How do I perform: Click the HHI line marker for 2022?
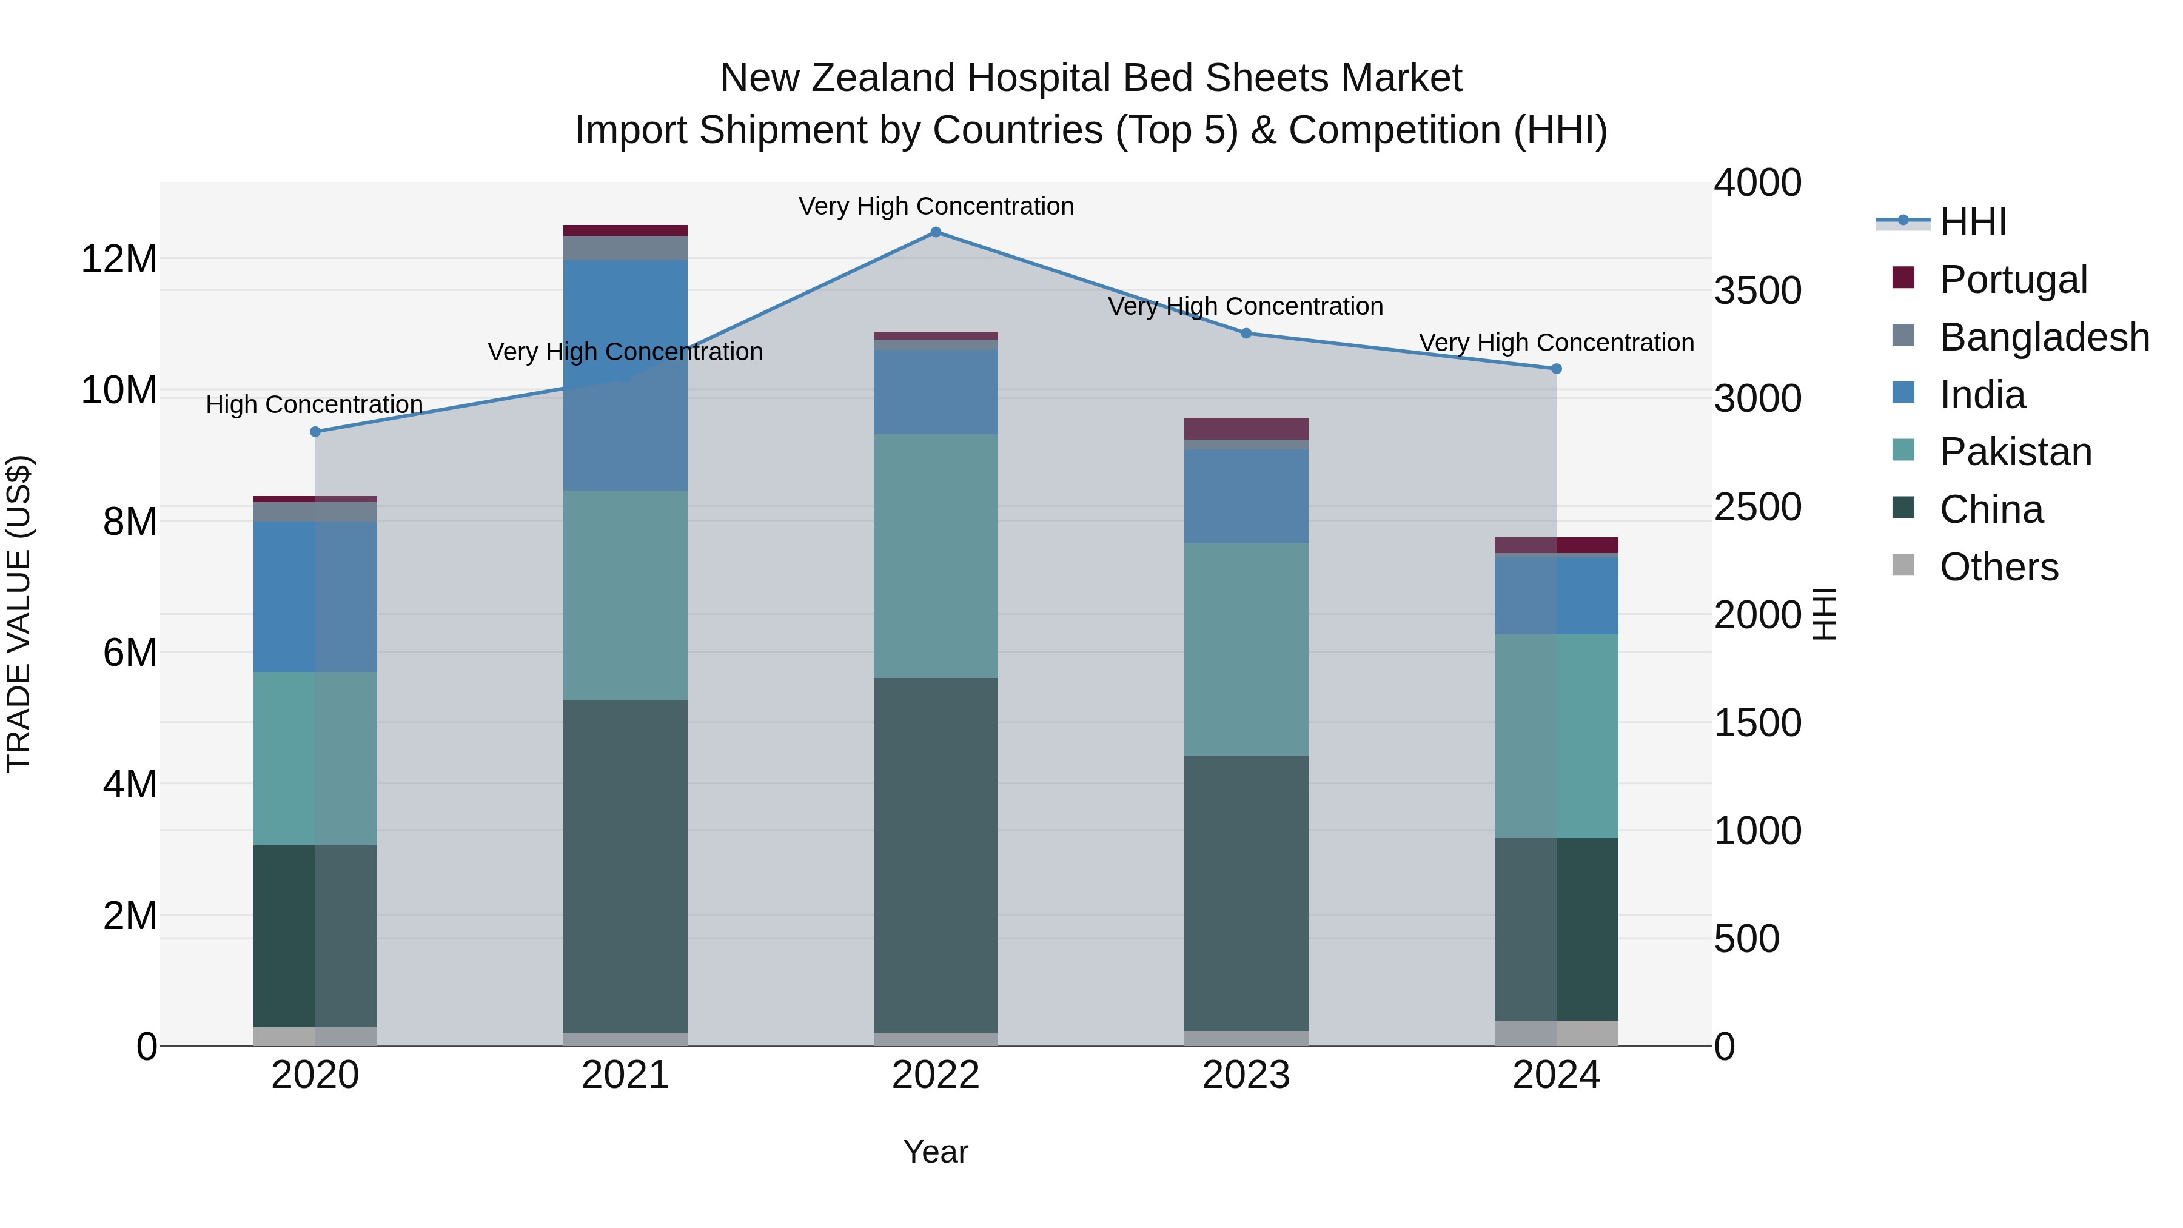(936, 232)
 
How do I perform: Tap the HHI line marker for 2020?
(315, 431)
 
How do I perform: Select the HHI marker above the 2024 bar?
(1556, 369)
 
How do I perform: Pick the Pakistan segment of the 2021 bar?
(625, 595)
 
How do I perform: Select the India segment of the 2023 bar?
(1246, 496)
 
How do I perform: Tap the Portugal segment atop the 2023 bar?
(1246, 428)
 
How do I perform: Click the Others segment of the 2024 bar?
(1556, 1033)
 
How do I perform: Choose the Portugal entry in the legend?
(2013, 280)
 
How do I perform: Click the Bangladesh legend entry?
(2043, 337)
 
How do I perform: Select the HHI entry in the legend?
(1972, 222)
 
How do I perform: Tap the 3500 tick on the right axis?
(1757, 290)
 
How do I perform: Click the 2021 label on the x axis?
(625, 1075)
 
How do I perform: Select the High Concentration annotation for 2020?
(314, 405)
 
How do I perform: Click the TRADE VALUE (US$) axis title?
(19, 614)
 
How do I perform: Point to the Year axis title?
(936, 1152)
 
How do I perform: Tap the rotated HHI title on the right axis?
(1823, 614)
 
